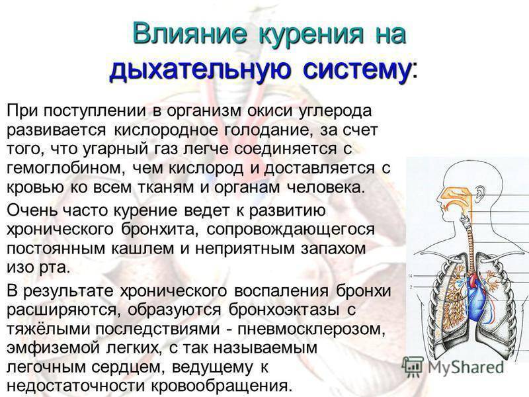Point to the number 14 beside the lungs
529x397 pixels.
410,276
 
